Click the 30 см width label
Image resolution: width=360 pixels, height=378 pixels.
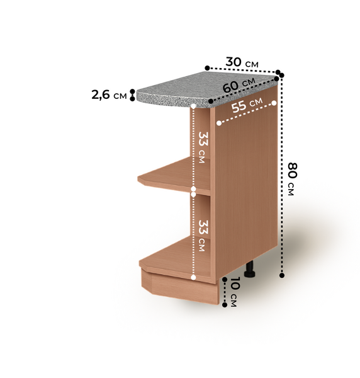tap(242, 62)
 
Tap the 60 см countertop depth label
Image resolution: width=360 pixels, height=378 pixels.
tap(239, 84)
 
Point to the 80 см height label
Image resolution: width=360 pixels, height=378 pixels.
tap(293, 179)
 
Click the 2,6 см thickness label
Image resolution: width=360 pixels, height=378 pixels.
tap(109, 95)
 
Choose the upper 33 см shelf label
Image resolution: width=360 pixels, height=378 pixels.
tap(203, 147)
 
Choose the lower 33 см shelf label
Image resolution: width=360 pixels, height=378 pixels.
tap(203, 236)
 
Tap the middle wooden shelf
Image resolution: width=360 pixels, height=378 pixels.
tap(174, 176)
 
